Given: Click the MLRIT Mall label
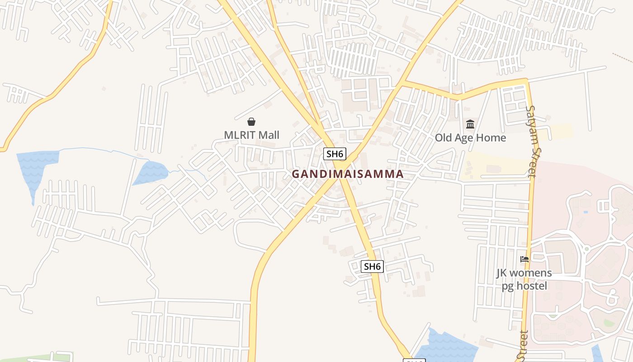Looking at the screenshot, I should click(251, 135).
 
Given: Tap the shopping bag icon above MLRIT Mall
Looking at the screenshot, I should click(251, 122).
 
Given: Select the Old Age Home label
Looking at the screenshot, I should click(470, 138).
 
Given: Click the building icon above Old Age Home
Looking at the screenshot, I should click(470, 124).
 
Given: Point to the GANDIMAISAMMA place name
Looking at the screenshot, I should click(347, 174).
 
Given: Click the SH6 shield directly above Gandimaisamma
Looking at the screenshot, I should click(335, 154).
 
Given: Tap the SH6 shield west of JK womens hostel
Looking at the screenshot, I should click(372, 267).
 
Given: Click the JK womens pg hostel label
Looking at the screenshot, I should click(524, 279).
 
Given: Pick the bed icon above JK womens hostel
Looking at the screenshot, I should click(524, 259).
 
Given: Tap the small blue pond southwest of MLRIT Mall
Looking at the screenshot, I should click(151, 172).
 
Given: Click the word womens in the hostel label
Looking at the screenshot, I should click(531, 273).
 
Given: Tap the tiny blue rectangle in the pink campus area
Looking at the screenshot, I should click(586, 211).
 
